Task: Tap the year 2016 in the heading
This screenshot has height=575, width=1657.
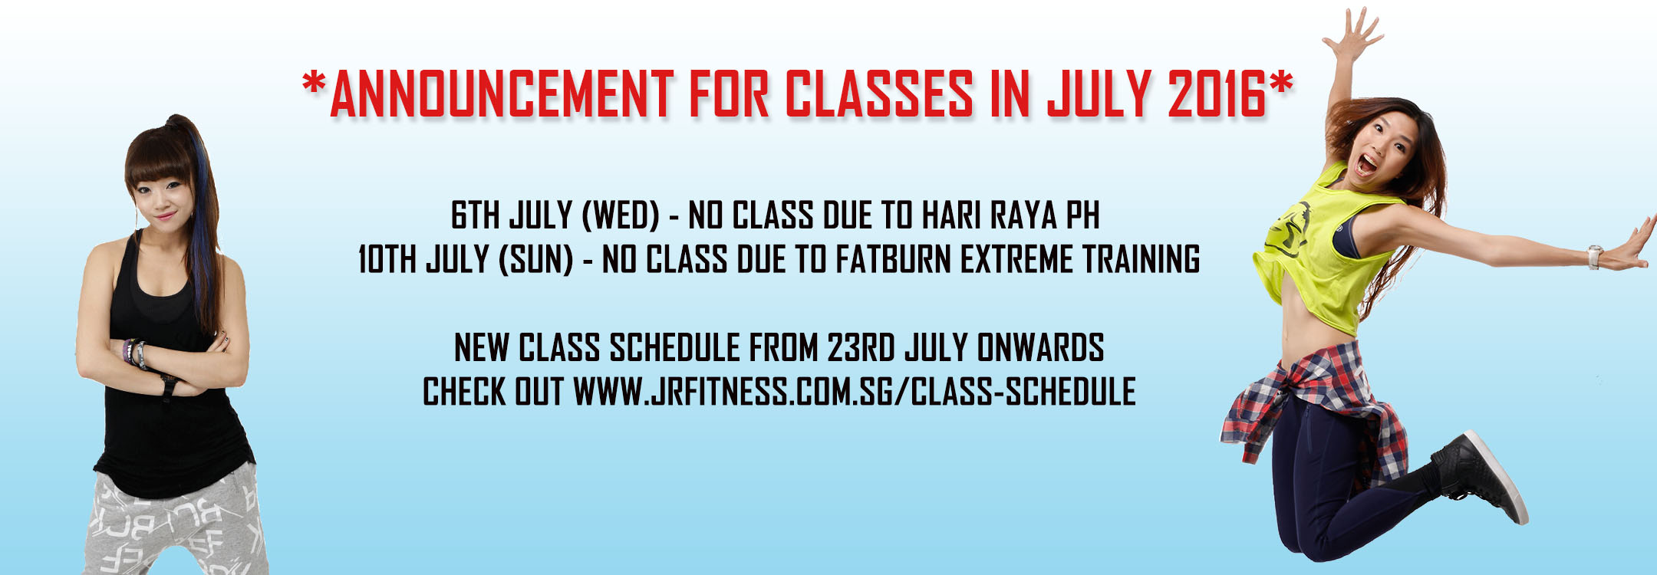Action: [x=1217, y=94]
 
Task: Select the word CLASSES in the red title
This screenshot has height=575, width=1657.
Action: [x=879, y=94]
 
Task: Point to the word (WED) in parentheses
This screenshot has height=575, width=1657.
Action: [x=621, y=215]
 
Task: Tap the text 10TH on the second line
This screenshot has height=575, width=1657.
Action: [x=387, y=259]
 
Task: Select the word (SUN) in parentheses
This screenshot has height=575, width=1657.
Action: [x=535, y=259]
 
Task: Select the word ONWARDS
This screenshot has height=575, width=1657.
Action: [x=1041, y=347]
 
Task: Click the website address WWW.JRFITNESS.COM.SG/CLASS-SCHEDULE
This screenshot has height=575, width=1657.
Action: [x=855, y=392]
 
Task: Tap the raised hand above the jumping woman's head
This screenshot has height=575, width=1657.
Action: [x=1355, y=32]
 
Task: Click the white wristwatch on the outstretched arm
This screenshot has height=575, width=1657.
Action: [x=1596, y=257]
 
